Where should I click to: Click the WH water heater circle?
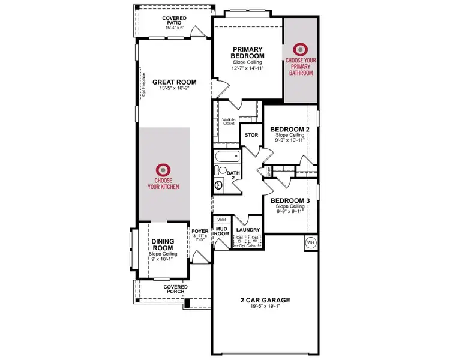(x=310, y=243)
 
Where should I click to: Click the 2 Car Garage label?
(x=264, y=299)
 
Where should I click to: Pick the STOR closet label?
(x=251, y=135)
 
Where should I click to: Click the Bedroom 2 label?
(x=290, y=129)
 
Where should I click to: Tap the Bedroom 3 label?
(x=290, y=200)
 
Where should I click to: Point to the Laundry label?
(x=248, y=230)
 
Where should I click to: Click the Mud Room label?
(x=222, y=232)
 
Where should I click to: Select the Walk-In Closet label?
(x=229, y=121)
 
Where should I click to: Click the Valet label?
(x=221, y=220)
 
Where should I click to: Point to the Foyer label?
(x=199, y=230)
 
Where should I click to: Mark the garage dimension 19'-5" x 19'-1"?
(x=264, y=307)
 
